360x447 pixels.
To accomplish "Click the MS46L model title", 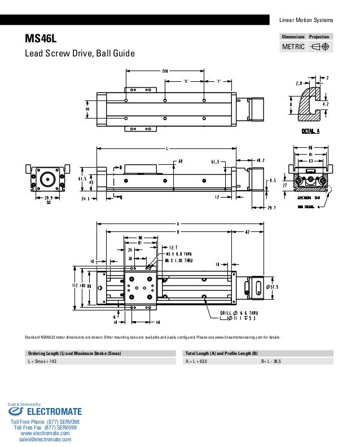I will (x=39, y=40).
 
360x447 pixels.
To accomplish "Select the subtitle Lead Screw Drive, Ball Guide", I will (x=78, y=54).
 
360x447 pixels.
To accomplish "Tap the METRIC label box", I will (x=293, y=46).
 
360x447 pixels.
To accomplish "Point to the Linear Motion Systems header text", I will (x=306, y=20).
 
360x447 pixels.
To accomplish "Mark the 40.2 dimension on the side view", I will (x=261, y=160).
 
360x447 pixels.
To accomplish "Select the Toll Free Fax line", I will (x=46, y=428).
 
